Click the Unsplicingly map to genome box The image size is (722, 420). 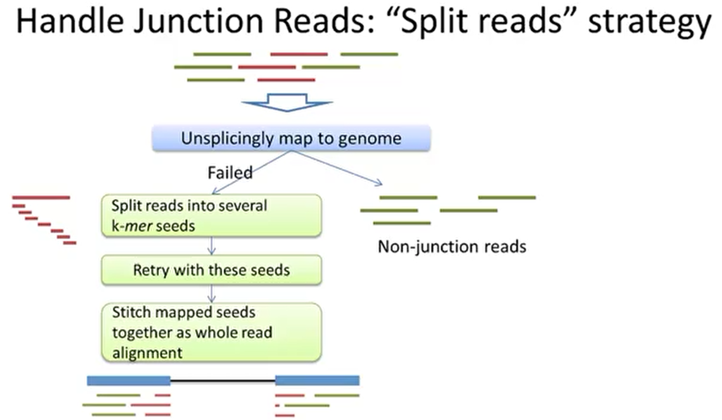pyautogui.click(x=291, y=138)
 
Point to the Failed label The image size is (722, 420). pyautogui.click(x=230, y=173)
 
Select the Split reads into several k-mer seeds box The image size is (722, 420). pyautogui.click(x=211, y=216)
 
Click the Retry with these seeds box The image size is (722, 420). pyautogui.click(x=211, y=270)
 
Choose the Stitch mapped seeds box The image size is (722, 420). pyautogui.click(x=211, y=332)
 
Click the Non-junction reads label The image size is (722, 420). pyautogui.click(x=452, y=247)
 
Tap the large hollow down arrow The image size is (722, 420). pyautogui.click(x=287, y=102)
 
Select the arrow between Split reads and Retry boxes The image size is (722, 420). pyautogui.click(x=211, y=246)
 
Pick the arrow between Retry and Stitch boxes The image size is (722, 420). pyautogui.click(x=211, y=294)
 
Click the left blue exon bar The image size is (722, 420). pyautogui.click(x=128, y=380)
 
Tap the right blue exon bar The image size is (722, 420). pyautogui.click(x=317, y=380)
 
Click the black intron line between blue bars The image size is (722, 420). pyautogui.click(x=223, y=380)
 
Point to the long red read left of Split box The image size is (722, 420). pyautogui.click(x=41, y=198)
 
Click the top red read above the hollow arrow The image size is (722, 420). pyautogui.click(x=299, y=54)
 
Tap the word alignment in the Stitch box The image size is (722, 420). pyautogui.click(x=147, y=353)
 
